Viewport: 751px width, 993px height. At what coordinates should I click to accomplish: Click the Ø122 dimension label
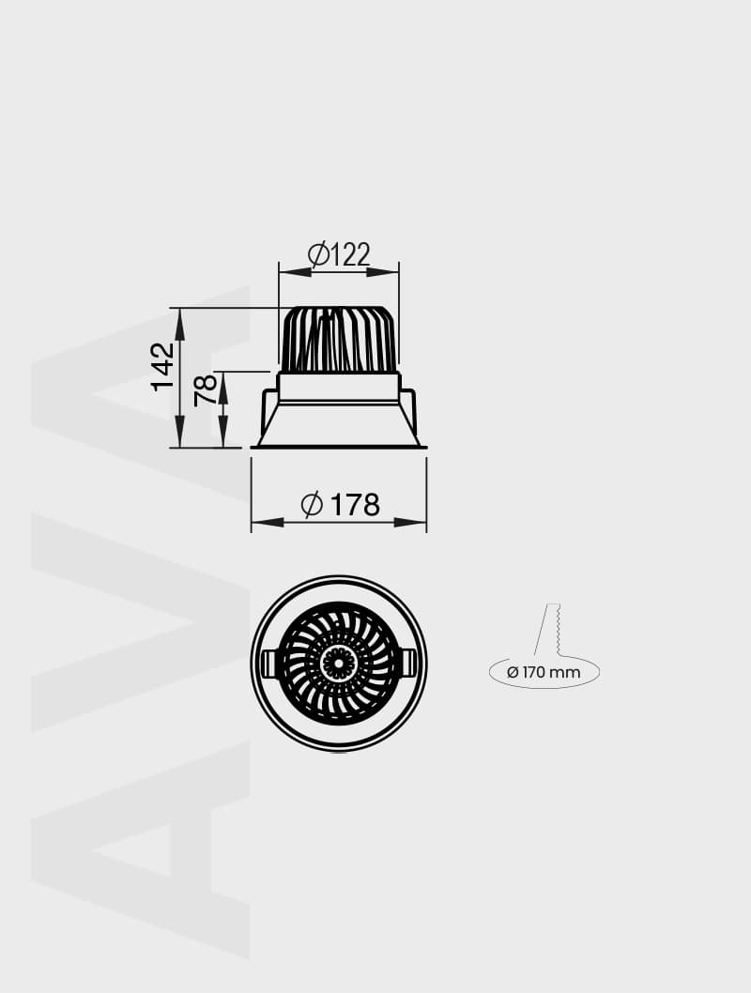(x=339, y=253)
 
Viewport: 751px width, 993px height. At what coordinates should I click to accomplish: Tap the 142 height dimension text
(x=163, y=366)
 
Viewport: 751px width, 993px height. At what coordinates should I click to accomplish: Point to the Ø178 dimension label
(x=340, y=505)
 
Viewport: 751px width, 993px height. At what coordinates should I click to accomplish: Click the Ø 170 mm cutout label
(x=544, y=672)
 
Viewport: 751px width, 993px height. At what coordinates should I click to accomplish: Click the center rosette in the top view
(x=338, y=664)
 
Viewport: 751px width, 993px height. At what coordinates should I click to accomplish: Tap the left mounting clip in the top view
(x=269, y=664)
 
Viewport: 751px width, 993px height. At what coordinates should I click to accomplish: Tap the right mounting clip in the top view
(x=408, y=664)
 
